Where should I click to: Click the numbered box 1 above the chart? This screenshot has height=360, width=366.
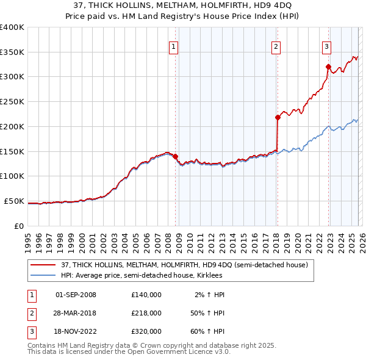click(173, 46)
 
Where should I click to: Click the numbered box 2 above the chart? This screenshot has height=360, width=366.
click(276, 46)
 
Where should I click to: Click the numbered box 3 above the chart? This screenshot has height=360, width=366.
click(326, 46)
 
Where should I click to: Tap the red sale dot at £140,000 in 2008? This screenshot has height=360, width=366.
click(175, 156)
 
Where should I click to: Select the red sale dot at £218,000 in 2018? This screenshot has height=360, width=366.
click(278, 117)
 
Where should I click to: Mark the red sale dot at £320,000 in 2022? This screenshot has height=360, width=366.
click(328, 67)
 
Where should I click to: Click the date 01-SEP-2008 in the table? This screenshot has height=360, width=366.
click(76, 295)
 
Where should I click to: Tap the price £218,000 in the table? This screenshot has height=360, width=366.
click(146, 312)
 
